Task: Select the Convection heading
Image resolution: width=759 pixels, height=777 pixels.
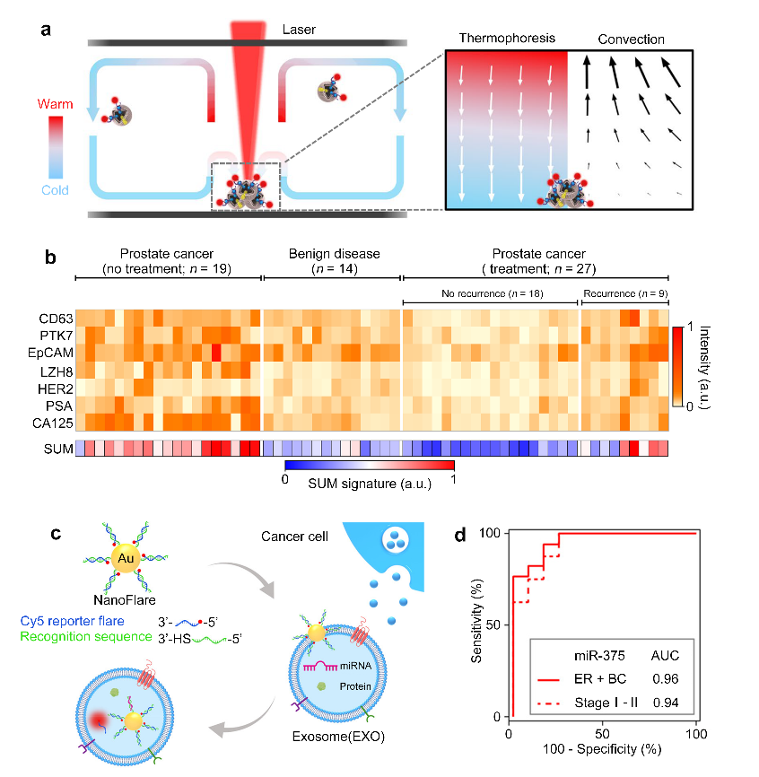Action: [632, 39]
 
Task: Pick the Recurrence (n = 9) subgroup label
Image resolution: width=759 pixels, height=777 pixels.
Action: [624, 293]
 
